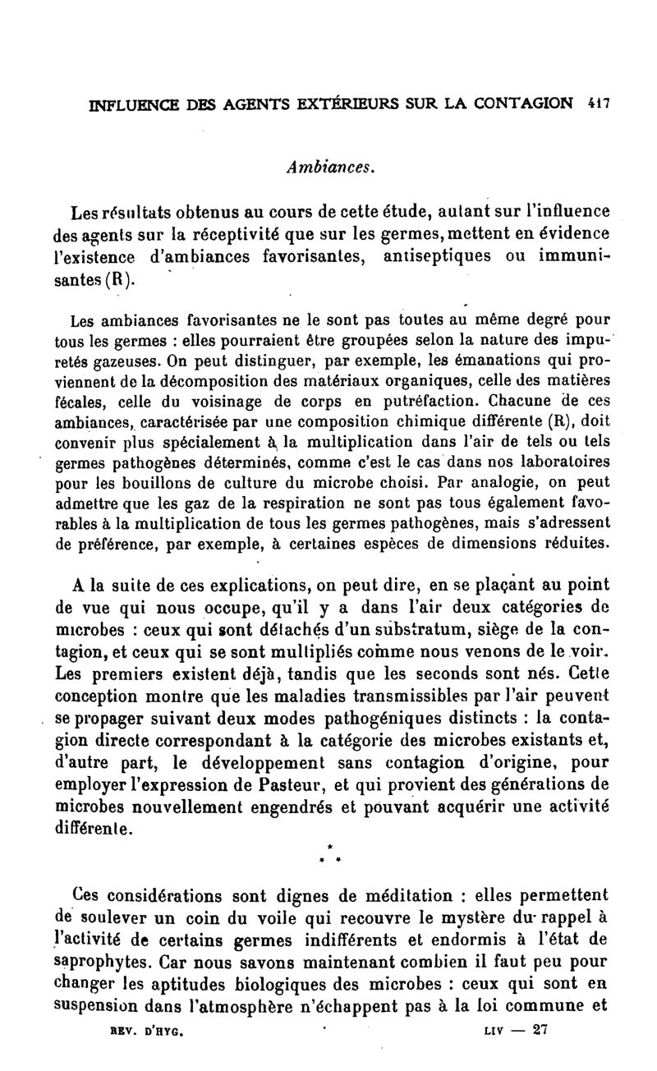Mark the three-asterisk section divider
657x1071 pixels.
[328, 852]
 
